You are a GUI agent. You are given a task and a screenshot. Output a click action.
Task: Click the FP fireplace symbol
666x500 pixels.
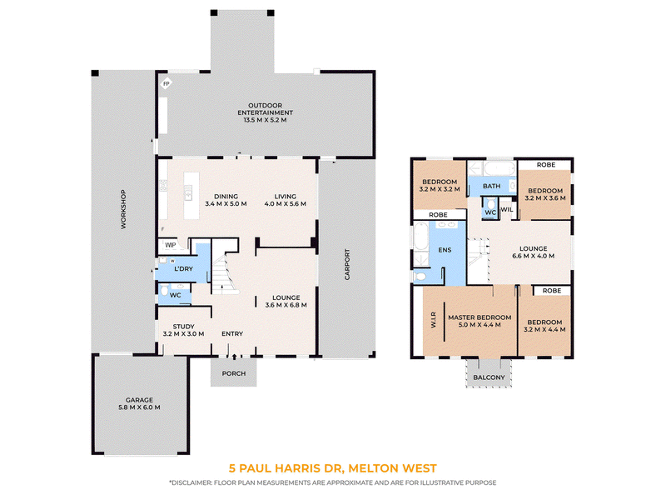pos(166,84)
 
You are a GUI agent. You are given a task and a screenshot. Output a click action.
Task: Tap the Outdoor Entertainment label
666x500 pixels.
pos(265,112)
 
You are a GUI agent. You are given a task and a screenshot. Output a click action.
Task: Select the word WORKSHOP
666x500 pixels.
pos(123,209)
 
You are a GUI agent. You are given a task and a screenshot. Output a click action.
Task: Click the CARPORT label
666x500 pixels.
pos(347,264)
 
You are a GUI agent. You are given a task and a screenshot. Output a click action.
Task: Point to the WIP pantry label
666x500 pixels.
pos(171,245)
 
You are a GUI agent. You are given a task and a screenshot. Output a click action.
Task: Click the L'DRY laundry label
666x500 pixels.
pos(183,268)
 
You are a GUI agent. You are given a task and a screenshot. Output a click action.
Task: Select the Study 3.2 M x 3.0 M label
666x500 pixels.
pos(183,330)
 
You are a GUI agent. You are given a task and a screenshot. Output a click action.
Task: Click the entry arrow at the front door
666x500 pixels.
pos(234,357)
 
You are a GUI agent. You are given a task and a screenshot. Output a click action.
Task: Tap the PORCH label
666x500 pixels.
pos(234,373)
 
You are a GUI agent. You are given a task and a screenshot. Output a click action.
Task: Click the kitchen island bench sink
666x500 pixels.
pos(188,192)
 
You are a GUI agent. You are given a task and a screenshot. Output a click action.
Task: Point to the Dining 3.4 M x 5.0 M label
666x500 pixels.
pos(226,200)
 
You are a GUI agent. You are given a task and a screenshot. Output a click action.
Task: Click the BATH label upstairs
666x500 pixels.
pos(491,186)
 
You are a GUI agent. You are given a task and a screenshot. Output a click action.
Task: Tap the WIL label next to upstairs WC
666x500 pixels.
pos(507,209)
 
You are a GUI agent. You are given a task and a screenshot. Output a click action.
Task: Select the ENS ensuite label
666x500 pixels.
pos(445,250)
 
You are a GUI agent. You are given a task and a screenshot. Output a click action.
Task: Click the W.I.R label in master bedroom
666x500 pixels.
pos(433,320)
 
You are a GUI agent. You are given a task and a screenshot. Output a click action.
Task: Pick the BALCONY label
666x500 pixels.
pos(489,377)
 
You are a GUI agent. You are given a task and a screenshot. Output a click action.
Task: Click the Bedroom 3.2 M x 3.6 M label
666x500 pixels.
pos(545,194)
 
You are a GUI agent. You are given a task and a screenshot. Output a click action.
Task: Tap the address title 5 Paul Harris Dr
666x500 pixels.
pos(286,468)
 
